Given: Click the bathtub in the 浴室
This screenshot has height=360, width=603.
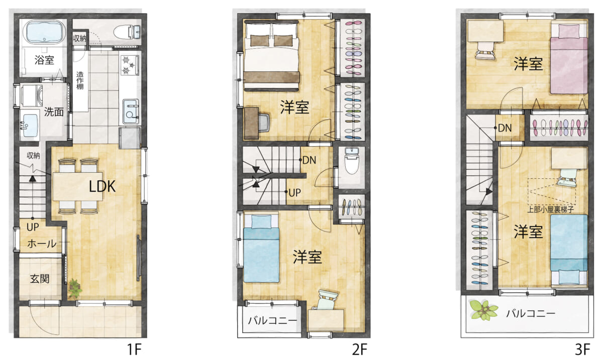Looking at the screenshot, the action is pyautogui.click(x=44, y=32).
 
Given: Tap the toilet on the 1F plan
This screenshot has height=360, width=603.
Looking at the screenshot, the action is pyautogui.click(x=127, y=32).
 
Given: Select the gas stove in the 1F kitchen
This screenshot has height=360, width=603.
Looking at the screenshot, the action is pyautogui.click(x=130, y=65).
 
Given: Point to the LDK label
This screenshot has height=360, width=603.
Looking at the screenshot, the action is pyautogui.click(x=102, y=186).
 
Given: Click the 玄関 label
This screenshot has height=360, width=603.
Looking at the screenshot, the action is pyautogui.click(x=40, y=279).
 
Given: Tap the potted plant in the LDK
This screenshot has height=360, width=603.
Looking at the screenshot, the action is pyautogui.click(x=74, y=288).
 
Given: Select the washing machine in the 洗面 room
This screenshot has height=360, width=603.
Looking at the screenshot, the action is pyautogui.click(x=32, y=96).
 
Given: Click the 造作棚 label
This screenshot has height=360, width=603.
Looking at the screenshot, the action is pyautogui.click(x=80, y=80).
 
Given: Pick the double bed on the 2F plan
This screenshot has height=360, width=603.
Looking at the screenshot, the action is pyautogui.click(x=272, y=56).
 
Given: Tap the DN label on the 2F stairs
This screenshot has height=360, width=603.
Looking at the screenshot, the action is pyautogui.click(x=309, y=160).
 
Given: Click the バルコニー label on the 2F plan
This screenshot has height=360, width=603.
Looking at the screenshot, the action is pyautogui.click(x=272, y=320).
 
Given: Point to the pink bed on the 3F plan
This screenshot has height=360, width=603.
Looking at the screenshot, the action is pyautogui.click(x=569, y=59).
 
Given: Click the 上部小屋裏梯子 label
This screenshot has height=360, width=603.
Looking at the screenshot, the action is pyautogui.click(x=550, y=209).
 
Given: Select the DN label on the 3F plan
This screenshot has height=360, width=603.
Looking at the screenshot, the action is pyautogui.click(x=505, y=128).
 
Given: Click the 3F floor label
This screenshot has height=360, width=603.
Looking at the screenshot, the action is pyautogui.click(x=582, y=349).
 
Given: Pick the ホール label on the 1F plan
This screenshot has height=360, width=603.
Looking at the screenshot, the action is pyautogui.click(x=42, y=244).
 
